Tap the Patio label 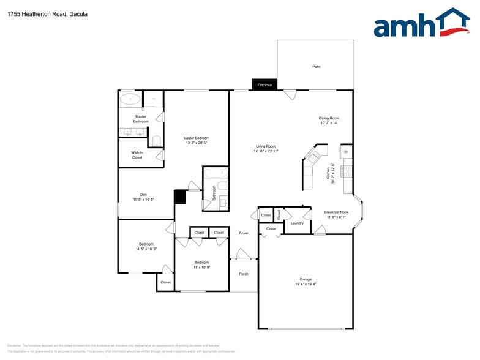317,66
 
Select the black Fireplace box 264,85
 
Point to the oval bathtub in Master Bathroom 129,98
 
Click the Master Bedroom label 196,138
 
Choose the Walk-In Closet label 137,155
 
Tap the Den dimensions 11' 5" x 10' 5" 143,200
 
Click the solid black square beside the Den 180,197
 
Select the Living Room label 266,146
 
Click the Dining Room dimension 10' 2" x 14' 329,123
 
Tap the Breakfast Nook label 336,212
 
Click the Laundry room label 297,223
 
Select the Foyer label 244,233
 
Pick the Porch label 244,274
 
